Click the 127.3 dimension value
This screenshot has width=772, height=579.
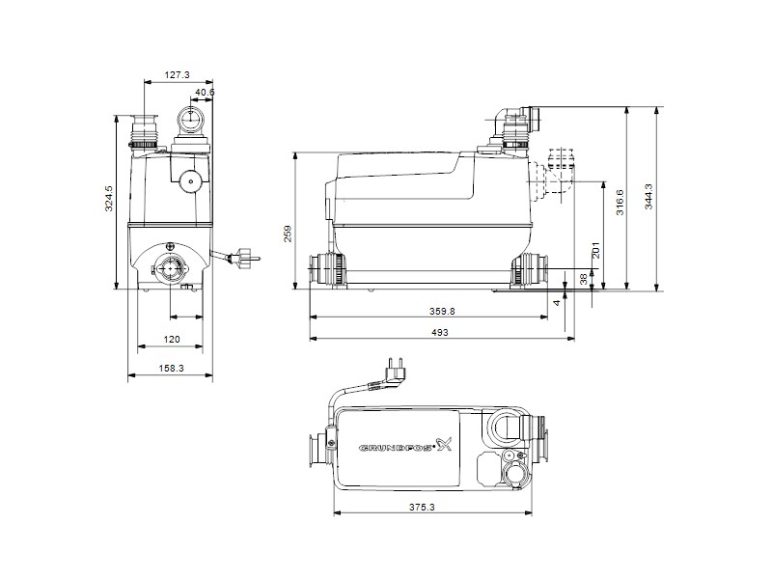(x=176, y=73)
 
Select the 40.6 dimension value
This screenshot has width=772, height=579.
(x=204, y=93)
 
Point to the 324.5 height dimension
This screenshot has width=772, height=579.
(x=110, y=197)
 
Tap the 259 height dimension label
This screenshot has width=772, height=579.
(x=287, y=234)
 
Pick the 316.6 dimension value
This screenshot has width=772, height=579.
(x=620, y=200)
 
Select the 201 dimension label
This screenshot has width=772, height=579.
(x=596, y=249)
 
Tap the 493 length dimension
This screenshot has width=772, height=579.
(x=440, y=332)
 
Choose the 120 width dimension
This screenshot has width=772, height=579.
(x=171, y=339)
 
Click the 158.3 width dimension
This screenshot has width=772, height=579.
(x=171, y=369)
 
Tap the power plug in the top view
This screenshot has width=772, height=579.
(x=392, y=370)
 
